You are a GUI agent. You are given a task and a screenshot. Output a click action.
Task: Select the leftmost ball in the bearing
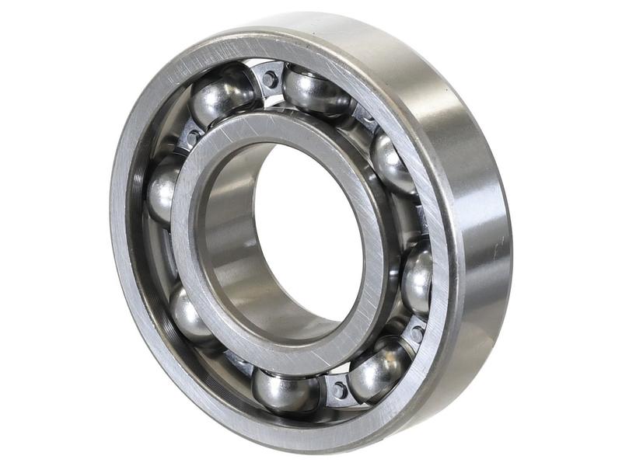pyautogui.click(x=164, y=190)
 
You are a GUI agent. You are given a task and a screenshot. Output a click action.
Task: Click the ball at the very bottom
pyautogui.click(x=285, y=390)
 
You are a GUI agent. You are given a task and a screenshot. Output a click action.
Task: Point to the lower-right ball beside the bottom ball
pyautogui.click(x=378, y=369)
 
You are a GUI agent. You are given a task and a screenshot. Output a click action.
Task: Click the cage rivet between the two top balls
pyautogui.click(x=271, y=78)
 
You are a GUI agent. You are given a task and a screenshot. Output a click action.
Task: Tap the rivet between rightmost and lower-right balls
pyautogui.click(x=417, y=333)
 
